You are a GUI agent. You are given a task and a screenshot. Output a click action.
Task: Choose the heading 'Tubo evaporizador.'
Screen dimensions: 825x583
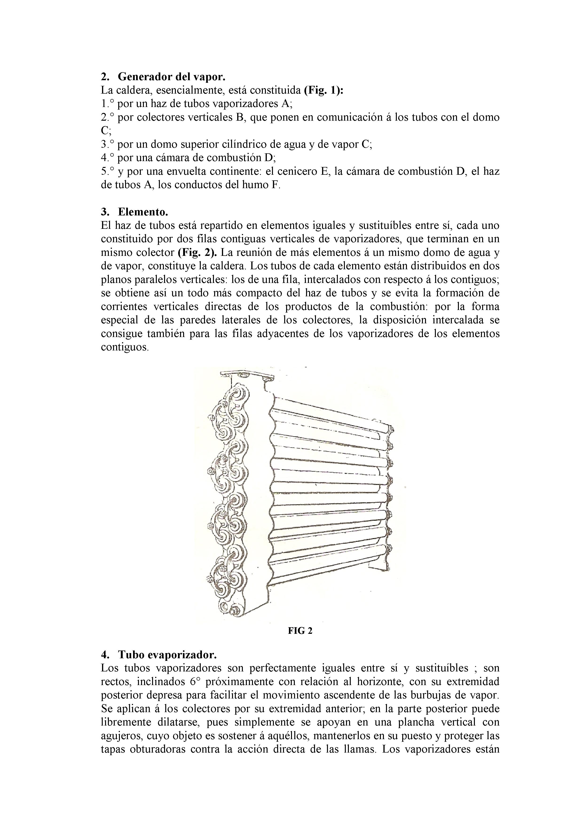point(167,654)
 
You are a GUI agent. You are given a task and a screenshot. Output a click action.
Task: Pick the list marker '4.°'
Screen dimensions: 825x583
point(107,158)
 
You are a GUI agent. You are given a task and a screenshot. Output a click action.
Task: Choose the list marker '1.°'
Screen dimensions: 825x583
point(107,104)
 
